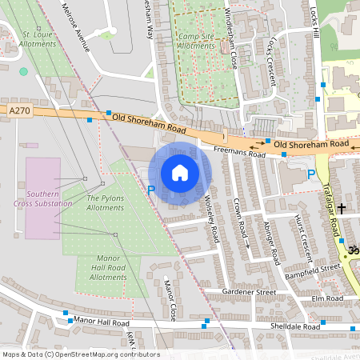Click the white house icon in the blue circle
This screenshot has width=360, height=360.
click(180, 173)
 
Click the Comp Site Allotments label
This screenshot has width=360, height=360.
click(197, 42)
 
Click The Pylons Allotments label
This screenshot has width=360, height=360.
click(105, 203)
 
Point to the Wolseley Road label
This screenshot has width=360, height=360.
click(211, 219)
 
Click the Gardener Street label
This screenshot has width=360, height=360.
click(249, 293)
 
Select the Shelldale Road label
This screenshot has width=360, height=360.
click(295, 326)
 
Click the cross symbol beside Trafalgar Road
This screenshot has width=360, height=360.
click(342, 208)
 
